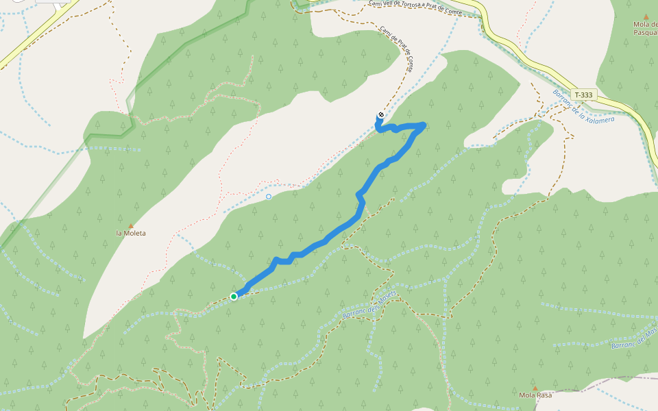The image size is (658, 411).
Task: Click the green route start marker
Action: pos(234,296)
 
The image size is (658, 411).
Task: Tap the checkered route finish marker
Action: pos(380,114)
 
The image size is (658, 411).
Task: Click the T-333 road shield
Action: pos(584,95)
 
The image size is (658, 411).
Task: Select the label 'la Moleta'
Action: pos(130,233)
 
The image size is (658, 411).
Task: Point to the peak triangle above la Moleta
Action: pos(130,225)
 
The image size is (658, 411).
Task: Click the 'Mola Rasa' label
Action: pos(535,395)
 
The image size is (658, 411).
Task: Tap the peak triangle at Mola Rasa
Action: pos(535,388)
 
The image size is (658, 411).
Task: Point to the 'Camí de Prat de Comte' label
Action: pos(397,49)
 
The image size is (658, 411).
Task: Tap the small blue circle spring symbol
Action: pos(268,197)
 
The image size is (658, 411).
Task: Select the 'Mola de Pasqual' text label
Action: pos(645,28)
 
